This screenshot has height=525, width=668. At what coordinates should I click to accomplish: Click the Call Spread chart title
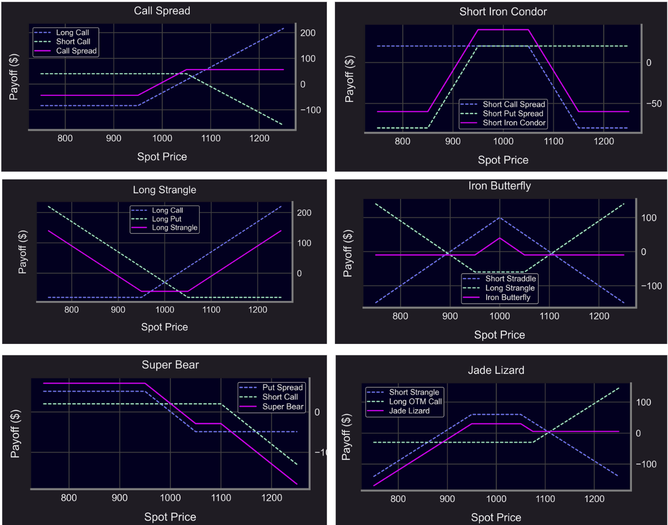(x=162, y=11)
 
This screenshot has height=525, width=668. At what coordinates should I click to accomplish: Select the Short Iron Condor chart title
(x=503, y=11)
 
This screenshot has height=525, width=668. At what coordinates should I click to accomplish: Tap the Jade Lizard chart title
(x=496, y=370)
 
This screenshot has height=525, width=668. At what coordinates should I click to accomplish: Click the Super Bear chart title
(x=170, y=365)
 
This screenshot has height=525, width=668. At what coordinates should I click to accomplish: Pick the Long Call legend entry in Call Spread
(x=72, y=32)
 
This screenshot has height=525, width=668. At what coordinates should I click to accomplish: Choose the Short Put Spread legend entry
(x=513, y=113)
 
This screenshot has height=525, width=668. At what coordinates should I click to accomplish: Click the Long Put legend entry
(x=166, y=219)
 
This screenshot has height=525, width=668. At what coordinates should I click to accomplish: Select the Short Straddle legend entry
(x=510, y=278)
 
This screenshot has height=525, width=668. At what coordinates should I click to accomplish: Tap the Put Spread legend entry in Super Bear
(x=282, y=387)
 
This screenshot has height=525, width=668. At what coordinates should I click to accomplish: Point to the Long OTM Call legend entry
(x=415, y=401)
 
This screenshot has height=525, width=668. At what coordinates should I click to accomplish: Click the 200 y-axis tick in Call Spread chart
(x=308, y=33)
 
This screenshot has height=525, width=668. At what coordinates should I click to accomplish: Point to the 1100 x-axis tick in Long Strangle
(x=211, y=309)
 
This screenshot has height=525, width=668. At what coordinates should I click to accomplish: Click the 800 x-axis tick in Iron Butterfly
(x=400, y=316)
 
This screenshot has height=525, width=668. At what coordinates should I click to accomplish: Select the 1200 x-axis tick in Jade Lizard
(x=594, y=499)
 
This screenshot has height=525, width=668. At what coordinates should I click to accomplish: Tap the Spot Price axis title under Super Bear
(x=170, y=517)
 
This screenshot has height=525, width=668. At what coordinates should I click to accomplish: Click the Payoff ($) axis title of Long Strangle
(x=22, y=252)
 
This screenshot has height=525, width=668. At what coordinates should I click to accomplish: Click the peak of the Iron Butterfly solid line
(x=499, y=238)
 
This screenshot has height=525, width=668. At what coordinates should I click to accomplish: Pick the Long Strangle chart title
(x=164, y=190)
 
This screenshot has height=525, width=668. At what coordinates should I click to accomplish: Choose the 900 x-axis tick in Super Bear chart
(x=119, y=498)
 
